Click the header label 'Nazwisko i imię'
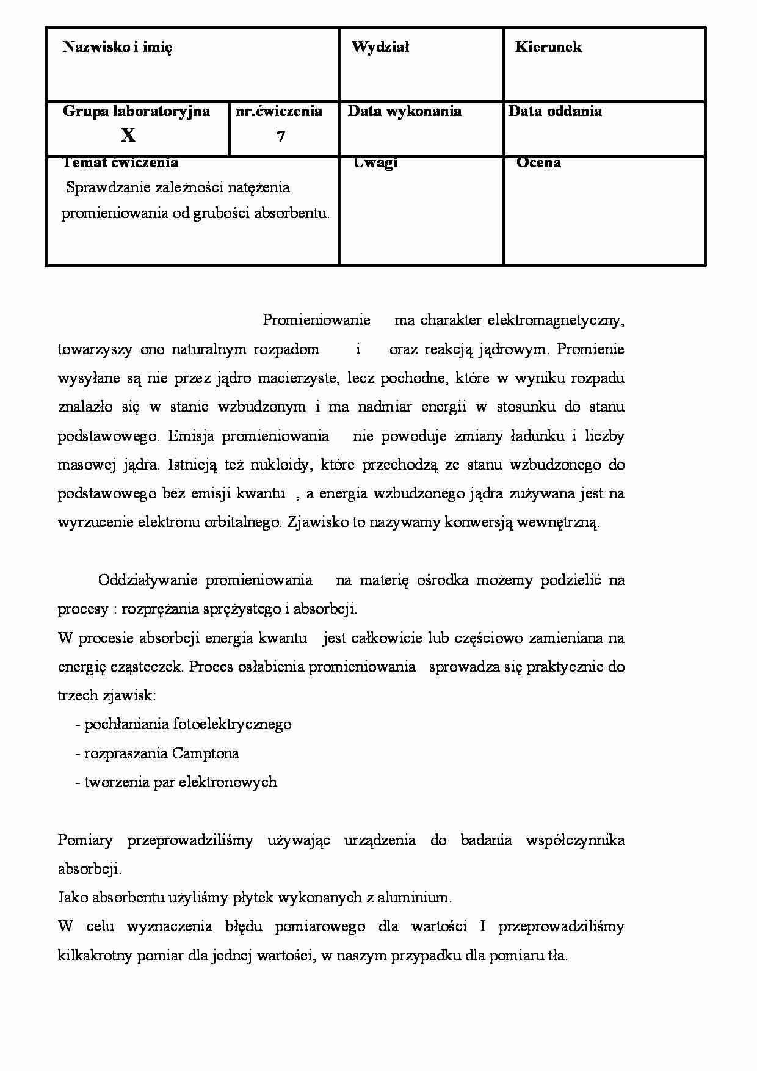pyautogui.click(x=117, y=47)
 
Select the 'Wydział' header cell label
pyautogui.click(x=380, y=47)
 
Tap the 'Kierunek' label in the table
pyautogui.click(x=548, y=47)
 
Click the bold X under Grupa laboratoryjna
pyautogui.click(x=128, y=136)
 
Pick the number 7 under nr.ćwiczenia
pyautogui.click(x=281, y=137)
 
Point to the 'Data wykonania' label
pyautogui.click(x=404, y=111)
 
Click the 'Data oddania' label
pyautogui.click(x=554, y=111)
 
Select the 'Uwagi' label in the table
pyautogui.click(x=375, y=162)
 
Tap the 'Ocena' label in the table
pyautogui.click(x=538, y=162)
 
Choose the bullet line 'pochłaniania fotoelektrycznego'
pyautogui.click(x=187, y=724)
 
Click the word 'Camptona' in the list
pyautogui.click(x=205, y=753)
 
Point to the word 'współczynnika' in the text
pyautogui.click(x=574, y=840)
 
